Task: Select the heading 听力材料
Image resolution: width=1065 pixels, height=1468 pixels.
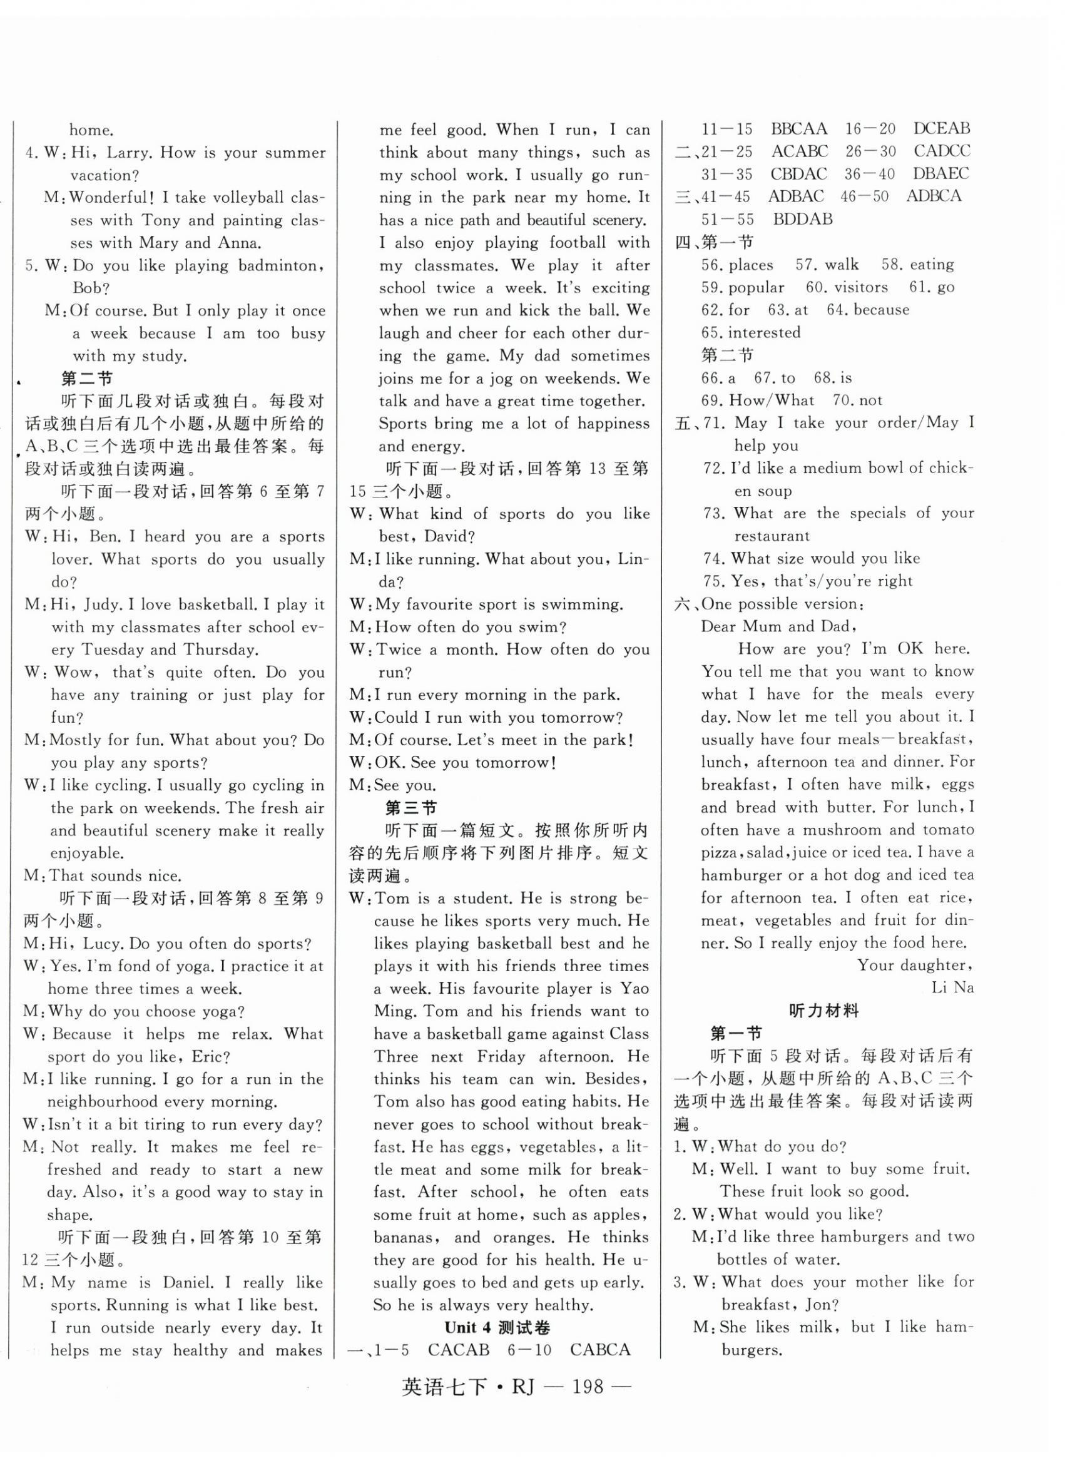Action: click(x=823, y=1011)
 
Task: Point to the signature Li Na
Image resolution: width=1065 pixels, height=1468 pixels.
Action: click(x=951, y=987)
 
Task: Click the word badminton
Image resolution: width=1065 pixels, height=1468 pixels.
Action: click(x=278, y=265)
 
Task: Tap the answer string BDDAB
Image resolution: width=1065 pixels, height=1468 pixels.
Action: click(x=802, y=219)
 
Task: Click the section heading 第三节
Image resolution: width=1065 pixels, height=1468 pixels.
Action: click(x=411, y=807)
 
